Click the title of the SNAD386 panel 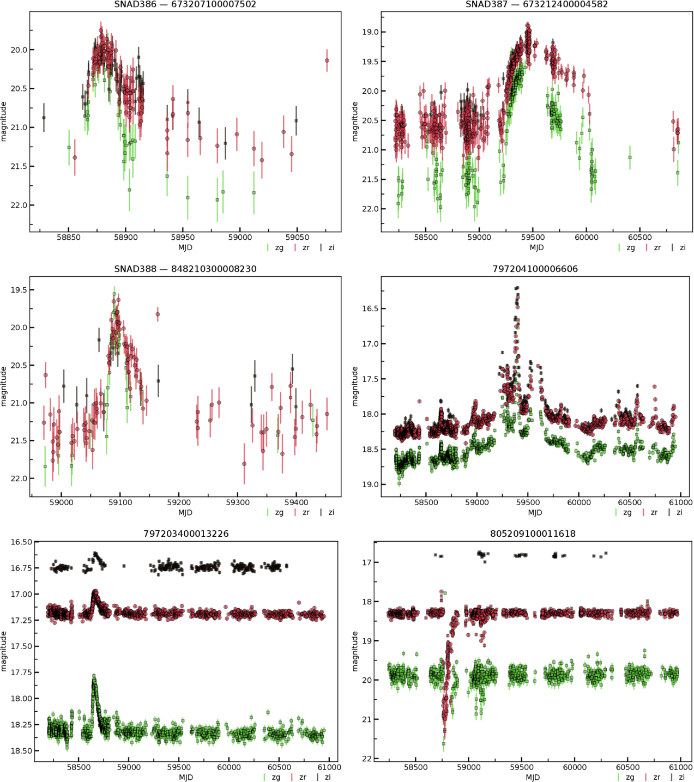point(185,4)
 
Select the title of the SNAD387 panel point(536,4)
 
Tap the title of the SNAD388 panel point(185,269)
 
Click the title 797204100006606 point(535,269)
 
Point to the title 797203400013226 point(186,534)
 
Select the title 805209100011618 point(533,534)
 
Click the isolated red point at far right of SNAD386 point(327,60)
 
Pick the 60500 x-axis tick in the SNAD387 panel point(639,237)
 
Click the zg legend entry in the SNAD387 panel point(626,247)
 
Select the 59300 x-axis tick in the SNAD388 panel point(238,502)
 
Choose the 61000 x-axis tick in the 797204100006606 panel point(680,502)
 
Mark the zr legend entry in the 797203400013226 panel point(300,777)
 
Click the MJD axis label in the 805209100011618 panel point(533,777)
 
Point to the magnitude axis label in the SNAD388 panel point(4,386)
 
